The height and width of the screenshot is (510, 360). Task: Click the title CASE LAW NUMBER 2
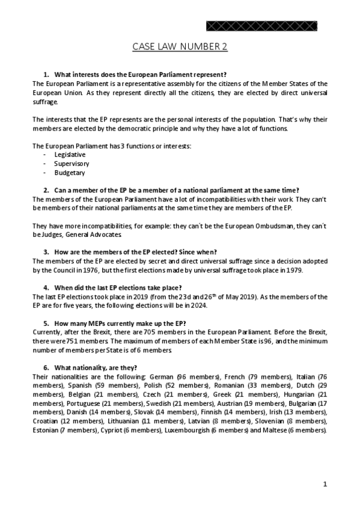click(x=180, y=47)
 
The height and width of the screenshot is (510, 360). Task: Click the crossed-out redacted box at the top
click(x=262, y=26)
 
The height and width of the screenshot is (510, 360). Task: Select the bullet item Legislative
click(x=70, y=155)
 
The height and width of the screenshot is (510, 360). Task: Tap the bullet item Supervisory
click(x=72, y=164)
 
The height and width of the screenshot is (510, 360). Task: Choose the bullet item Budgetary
click(x=69, y=173)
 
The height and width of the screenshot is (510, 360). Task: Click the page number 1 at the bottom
click(x=325, y=484)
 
